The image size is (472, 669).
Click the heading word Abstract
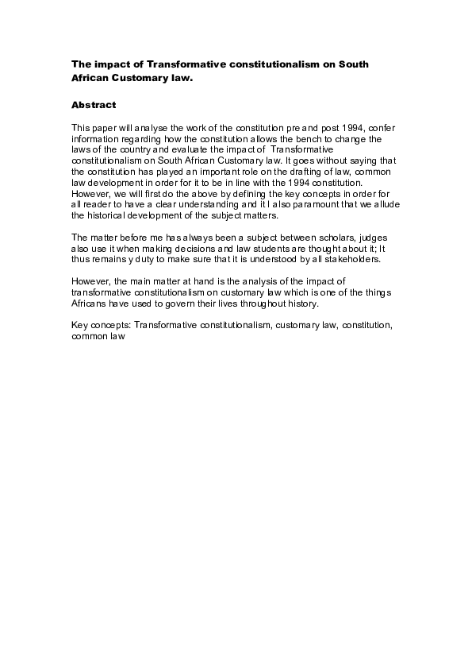click(x=94, y=105)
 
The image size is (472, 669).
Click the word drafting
click(x=297, y=170)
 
